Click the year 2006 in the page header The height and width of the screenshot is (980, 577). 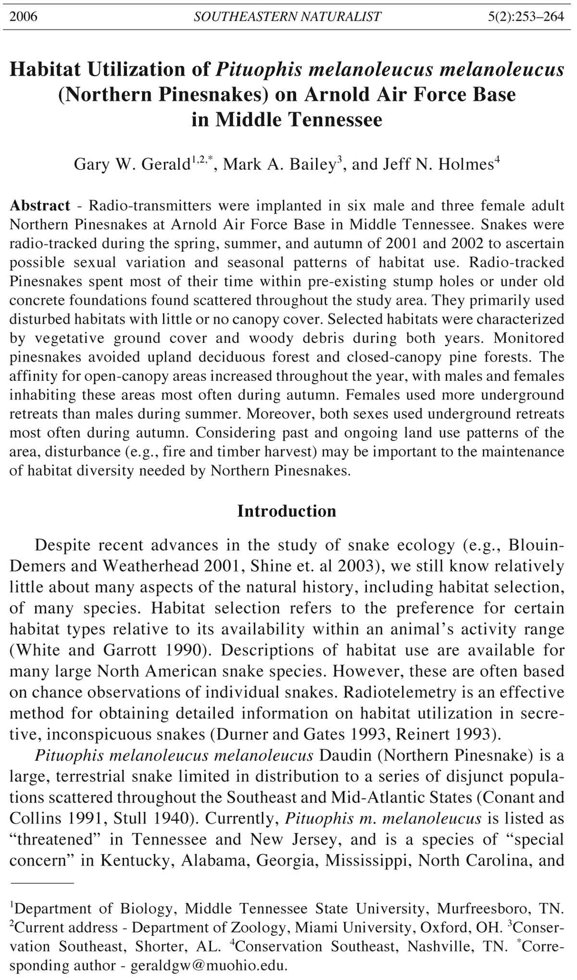pyautogui.click(x=23, y=17)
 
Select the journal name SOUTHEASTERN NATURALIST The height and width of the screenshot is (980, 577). pyautogui.click(x=287, y=17)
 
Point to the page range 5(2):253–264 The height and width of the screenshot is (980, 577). pyautogui.click(x=526, y=17)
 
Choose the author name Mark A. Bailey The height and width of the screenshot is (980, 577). pyautogui.click(x=279, y=164)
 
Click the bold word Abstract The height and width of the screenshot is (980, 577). pyautogui.click(x=40, y=206)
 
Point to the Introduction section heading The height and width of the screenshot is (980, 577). pyautogui.click(x=287, y=511)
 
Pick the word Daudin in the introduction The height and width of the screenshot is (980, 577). pyautogui.click(x=346, y=755)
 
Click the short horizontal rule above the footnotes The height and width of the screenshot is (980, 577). pyautogui.click(x=42, y=883)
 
